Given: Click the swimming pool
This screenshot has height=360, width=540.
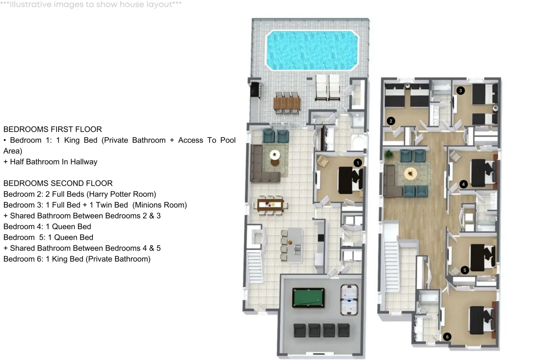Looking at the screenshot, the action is [x=312, y=50].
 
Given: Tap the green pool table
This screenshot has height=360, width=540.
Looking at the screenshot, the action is [x=308, y=298].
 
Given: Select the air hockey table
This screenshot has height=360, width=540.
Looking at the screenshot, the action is [x=349, y=300].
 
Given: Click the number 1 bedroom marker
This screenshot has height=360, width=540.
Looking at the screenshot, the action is [x=358, y=163].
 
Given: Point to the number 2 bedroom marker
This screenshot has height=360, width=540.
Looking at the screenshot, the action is [x=391, y=121].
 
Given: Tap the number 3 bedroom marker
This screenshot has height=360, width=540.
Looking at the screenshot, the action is [x=461, y=90].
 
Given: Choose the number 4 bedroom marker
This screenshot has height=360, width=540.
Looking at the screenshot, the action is [x=463, y=184].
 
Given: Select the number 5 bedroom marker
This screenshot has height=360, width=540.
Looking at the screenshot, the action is [x=464, y=270].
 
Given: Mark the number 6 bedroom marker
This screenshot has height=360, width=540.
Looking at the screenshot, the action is [x=447, y=337].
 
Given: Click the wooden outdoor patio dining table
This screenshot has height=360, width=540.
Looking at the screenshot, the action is [x=287, y=103].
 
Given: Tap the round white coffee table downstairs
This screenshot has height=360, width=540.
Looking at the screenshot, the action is [x=275, y=155].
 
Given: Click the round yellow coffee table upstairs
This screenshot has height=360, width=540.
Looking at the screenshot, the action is [x=410, y=173].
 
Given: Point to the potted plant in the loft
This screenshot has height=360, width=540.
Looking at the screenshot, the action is [x=388, y=154].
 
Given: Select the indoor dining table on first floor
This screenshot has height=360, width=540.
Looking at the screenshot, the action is [x=270, y=205].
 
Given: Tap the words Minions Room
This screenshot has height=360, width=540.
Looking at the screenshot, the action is [x=161, y=205].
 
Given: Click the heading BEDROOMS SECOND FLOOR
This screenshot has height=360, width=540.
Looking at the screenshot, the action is [x=58, y=183].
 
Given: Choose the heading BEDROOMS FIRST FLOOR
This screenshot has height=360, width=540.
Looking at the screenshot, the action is [x=53, y=129].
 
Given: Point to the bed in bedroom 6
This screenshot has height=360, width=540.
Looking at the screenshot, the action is [x=481, y=320].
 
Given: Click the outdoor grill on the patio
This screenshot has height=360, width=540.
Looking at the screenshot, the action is [x=255, y=90].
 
